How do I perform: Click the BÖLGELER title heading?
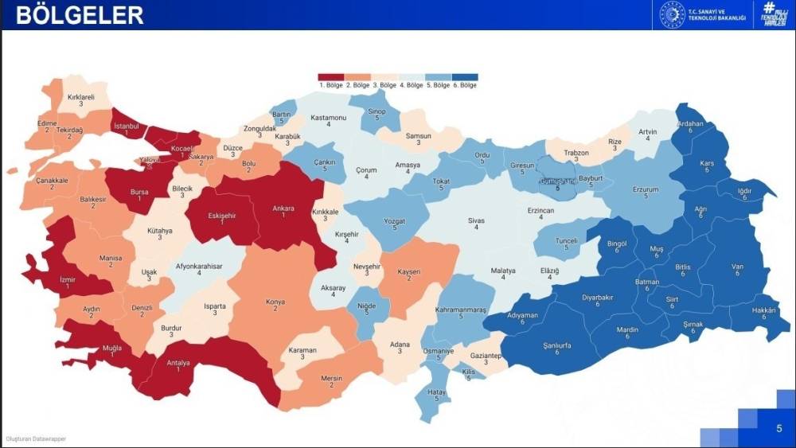pyautogui.click(x=80, y=14)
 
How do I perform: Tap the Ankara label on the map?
pyautogui.click(x=283, y=208)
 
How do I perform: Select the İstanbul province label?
pyautogui.click(x=127, y=126)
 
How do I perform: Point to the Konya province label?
pyautogui.click(x=275, y=302)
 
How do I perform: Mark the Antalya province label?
pyautogui.click(x=178, y=363)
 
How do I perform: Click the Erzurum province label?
pyautogui.click(x=646, y=190)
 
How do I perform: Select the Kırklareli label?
pyautogui.click(x=81, y=97)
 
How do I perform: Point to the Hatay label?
pyautogui.click(x=435, y=392)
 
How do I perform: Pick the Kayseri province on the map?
pyautogui.click(x=409, y=273)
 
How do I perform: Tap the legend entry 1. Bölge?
pyautogui.click(x=330, y=85)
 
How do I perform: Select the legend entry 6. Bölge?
pyautogui.click(x=465, y=85)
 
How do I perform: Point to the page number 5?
pyautogui.click(x=778, y=428)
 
